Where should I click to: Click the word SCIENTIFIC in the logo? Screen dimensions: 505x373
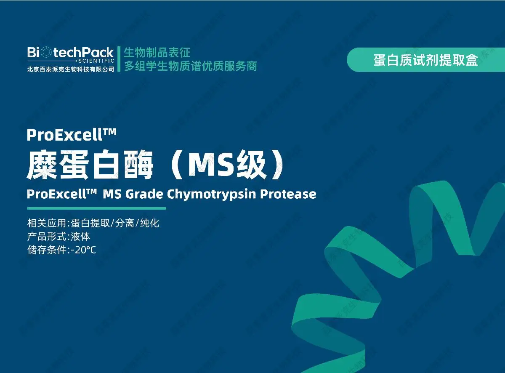click(96, 61)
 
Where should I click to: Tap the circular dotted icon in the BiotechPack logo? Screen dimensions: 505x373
click(46, 52)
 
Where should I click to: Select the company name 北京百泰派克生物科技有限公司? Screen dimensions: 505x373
click(71, 69)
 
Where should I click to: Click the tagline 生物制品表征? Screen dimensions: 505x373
click(157, 53)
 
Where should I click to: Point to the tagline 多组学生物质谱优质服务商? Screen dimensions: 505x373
click(190, 66)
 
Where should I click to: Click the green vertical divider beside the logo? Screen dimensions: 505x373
click(119, 59)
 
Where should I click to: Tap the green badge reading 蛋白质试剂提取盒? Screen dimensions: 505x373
click(426, 60)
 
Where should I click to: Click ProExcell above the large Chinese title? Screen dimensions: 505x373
click(64, 135)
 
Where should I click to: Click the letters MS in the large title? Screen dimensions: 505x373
click(211, 165)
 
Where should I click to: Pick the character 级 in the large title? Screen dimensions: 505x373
click(252, 164)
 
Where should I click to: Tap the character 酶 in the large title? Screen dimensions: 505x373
click(138, 164)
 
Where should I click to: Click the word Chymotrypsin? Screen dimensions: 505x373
click(211, 194)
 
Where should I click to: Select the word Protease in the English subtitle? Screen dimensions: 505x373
click(288, 194)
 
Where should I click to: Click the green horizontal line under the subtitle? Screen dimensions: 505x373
click(96, 208)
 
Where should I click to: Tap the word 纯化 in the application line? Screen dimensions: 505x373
click(149, 223)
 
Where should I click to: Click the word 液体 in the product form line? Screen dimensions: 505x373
click(80, 237)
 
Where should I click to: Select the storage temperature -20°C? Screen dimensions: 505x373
click(83, 250)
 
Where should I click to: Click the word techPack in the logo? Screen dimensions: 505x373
click(84, 53)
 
